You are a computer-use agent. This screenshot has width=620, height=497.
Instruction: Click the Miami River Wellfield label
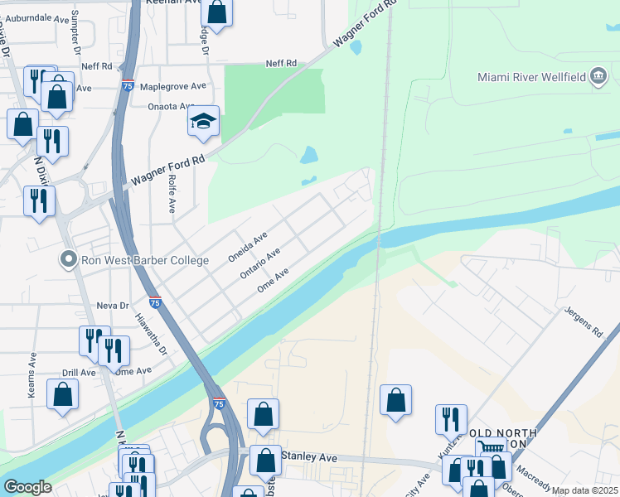coord(531,78)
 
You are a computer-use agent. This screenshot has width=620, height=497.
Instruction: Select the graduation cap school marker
coord(203,123)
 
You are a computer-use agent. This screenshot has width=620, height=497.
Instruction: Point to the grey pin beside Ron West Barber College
coord(70,260)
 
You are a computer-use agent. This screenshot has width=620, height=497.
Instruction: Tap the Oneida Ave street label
coord(248,247)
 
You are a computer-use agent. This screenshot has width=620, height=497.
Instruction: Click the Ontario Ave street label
coord(260,263)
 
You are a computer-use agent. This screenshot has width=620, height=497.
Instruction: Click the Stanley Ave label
coord(309,456)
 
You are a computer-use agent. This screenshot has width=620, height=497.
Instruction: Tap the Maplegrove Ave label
coord(174,86)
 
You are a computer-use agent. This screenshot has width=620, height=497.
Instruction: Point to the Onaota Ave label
coord(170,106)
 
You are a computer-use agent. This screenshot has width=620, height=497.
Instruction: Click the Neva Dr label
coord(113,305)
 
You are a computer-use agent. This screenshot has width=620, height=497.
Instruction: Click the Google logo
coord(27,487)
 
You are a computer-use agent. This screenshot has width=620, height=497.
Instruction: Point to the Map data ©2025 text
coord(584,490)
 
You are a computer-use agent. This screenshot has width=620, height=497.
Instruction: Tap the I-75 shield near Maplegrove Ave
coord(127,85)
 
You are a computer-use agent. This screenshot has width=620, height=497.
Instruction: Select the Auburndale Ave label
coord(38,17)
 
